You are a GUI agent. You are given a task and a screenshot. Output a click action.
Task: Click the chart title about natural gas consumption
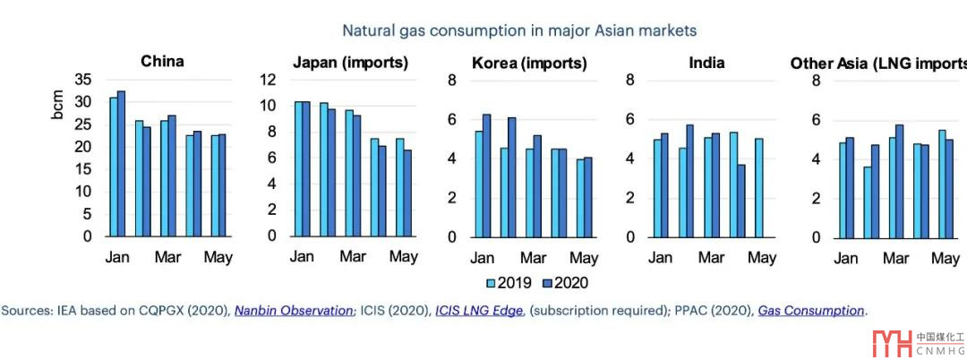click(x=519, y=30)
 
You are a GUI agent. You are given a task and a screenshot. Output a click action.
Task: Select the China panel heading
click(x=162, y=62)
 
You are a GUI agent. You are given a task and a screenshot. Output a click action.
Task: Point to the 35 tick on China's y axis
click(x=81, y=79)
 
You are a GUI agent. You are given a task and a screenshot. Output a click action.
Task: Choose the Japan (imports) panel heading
click(x=350, y=63)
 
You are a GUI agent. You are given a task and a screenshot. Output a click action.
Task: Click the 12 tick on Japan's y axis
click(x=268, y=79)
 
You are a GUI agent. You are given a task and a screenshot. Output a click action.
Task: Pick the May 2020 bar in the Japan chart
click(x=407, y=193)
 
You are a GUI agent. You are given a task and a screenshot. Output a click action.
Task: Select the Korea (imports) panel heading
click(x=529, y=63)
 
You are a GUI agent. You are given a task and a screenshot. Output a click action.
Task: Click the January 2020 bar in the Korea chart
click(x=487, y=176)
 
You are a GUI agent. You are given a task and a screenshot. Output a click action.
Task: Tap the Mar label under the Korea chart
click(x=533, y=258)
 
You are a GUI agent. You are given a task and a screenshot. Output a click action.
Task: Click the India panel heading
click(x=706, y=63)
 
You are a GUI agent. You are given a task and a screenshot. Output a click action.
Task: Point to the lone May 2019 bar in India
click(x=758, y=187)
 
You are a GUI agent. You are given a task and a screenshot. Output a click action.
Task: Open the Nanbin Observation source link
click(x=294, y=311)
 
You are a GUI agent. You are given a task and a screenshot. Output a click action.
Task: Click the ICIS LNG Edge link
click(x=478, y=311)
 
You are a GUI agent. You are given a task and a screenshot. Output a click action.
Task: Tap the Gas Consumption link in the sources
click(x=811, y=311)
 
